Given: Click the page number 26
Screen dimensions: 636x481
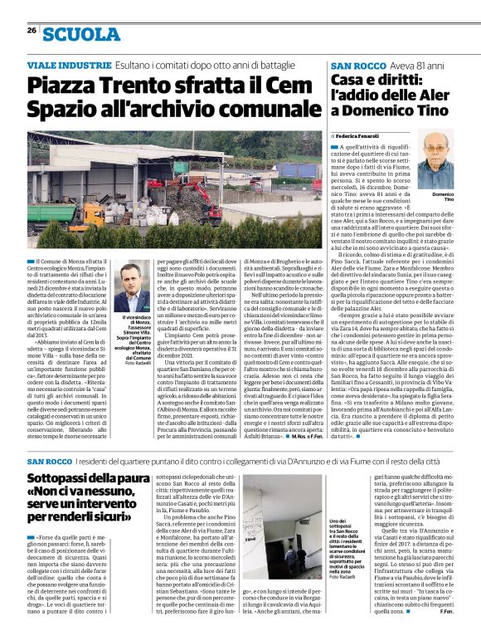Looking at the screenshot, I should coord(31,30).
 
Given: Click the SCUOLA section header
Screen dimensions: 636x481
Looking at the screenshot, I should coord(81,34).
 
